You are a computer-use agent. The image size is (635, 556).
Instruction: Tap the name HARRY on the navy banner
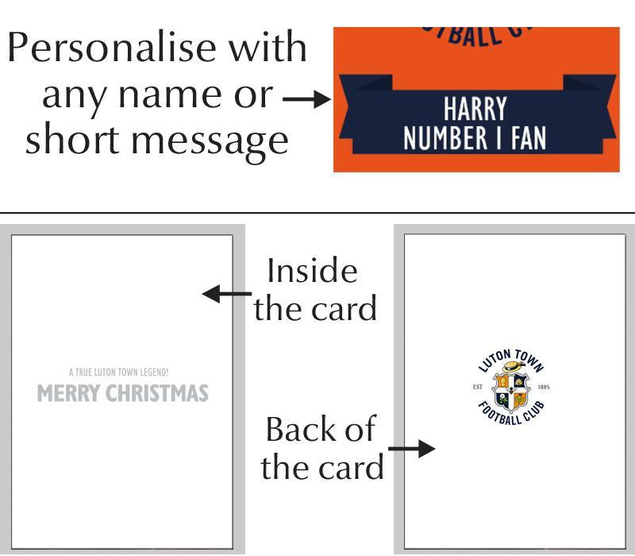(x=475, y=110)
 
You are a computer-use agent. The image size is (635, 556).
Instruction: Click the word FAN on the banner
(x=527, y=138)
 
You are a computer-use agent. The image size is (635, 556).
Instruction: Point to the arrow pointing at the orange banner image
(x=306, y=99)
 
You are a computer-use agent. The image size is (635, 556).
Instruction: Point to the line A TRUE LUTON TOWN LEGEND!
(x=118, y=372)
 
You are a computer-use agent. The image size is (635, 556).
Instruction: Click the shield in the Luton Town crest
(x=511, y=389)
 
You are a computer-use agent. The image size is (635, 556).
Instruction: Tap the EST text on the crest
(x=478, y=388)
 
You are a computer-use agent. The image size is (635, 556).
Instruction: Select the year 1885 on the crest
(x=544, y=388)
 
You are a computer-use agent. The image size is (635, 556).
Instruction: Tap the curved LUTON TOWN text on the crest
(x=511, y=357)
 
